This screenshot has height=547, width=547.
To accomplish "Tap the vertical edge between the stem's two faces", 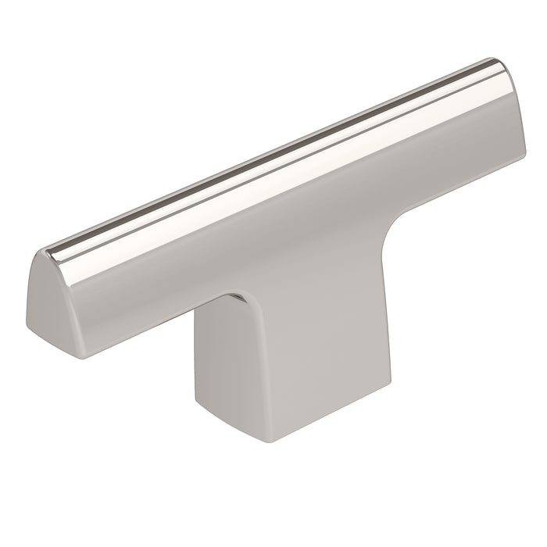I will pyautogui.click(x=227, y=367).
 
